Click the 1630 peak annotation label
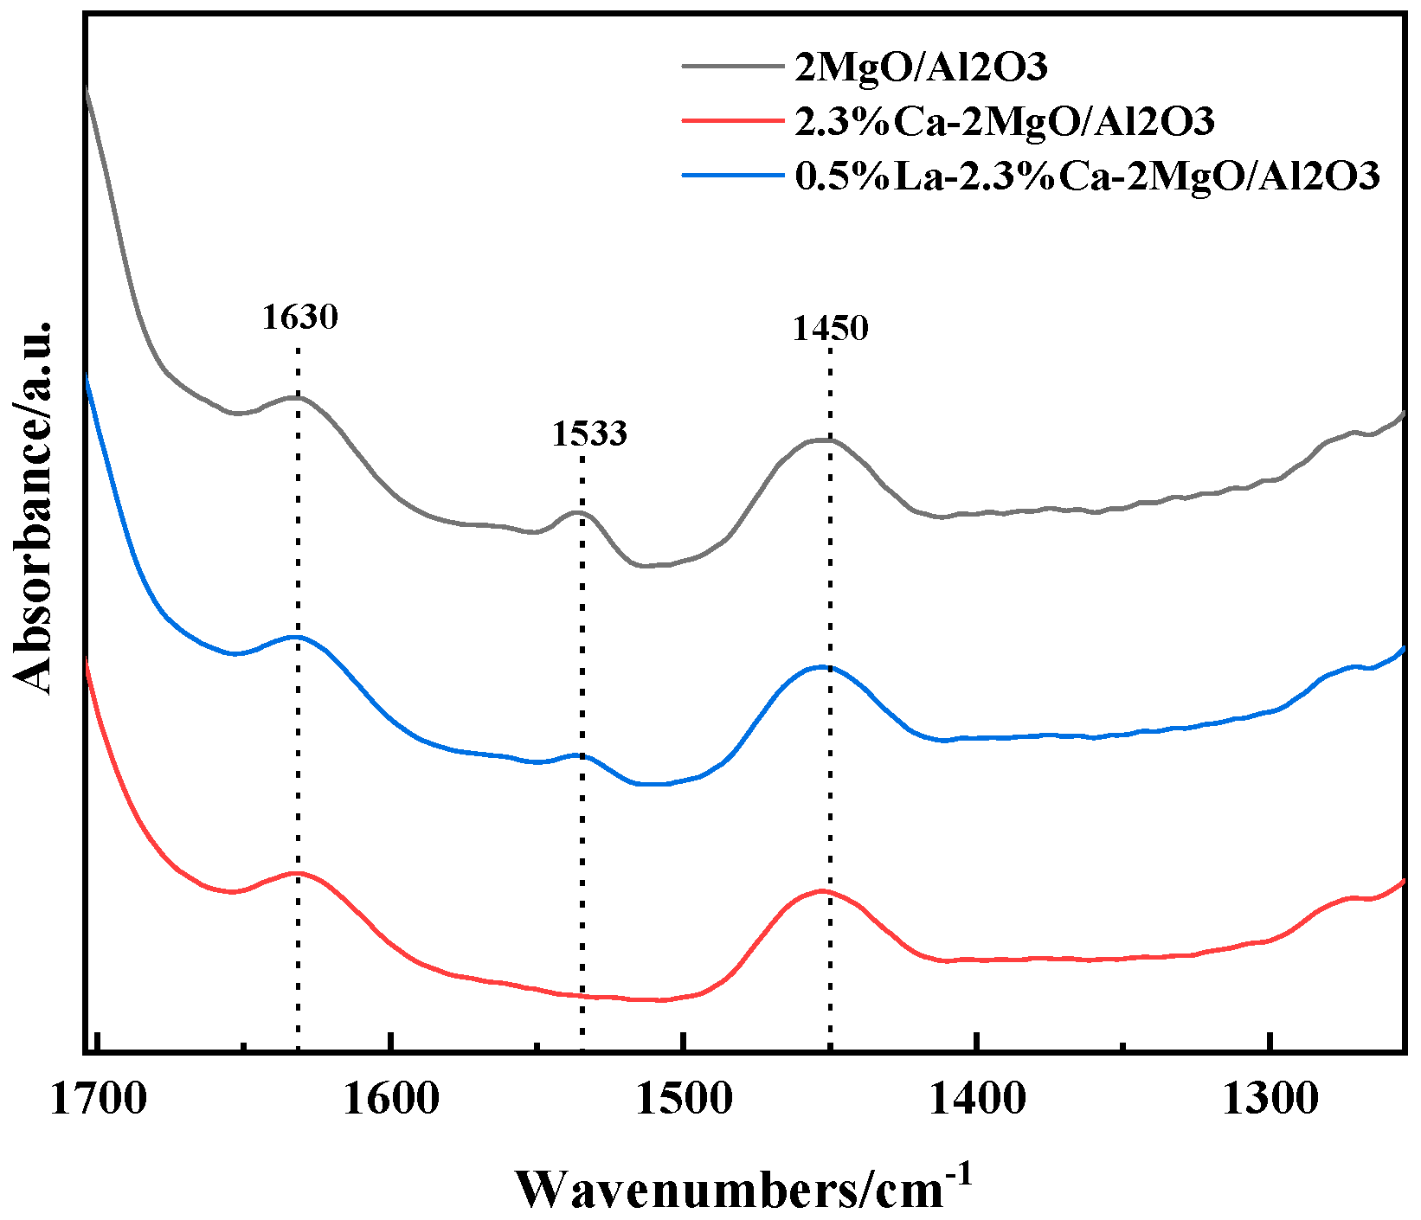click(299, 317)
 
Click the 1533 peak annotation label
click(589, 433)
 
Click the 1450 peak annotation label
click(830, 328)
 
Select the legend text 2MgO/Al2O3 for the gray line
click(921, 67)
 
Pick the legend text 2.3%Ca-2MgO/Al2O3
click(1005, 121)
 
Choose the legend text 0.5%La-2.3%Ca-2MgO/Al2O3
click(1087, 176)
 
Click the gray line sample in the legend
click(732, 65)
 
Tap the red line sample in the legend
click(732, 119)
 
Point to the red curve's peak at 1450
click(821, 890)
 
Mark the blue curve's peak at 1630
click(296, 637)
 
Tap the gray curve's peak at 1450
click(822, 440)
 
